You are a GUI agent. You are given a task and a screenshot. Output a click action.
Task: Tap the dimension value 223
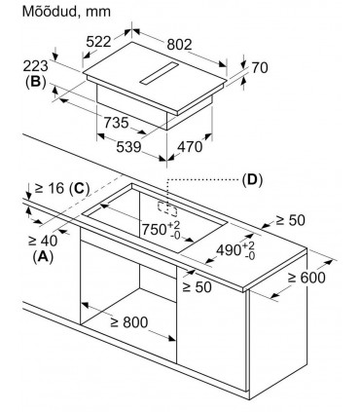[x=33, y=64]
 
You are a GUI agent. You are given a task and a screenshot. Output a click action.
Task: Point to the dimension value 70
[x=259, y=68]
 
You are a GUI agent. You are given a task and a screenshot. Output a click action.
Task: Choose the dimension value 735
[x=119, y=124]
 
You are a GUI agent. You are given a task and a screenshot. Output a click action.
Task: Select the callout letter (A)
[x=41, y=256]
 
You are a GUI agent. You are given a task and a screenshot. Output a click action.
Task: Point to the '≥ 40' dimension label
[x=43, y=240]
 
